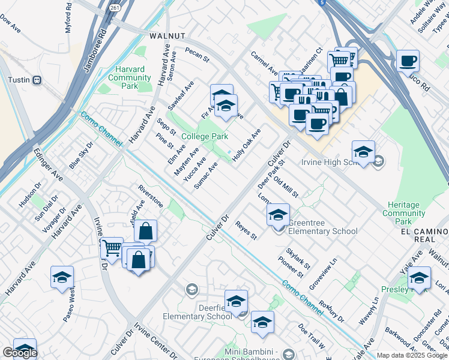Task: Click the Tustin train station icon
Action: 37,79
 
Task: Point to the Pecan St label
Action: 196,55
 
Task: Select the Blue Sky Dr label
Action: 81,155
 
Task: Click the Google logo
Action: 20,353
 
